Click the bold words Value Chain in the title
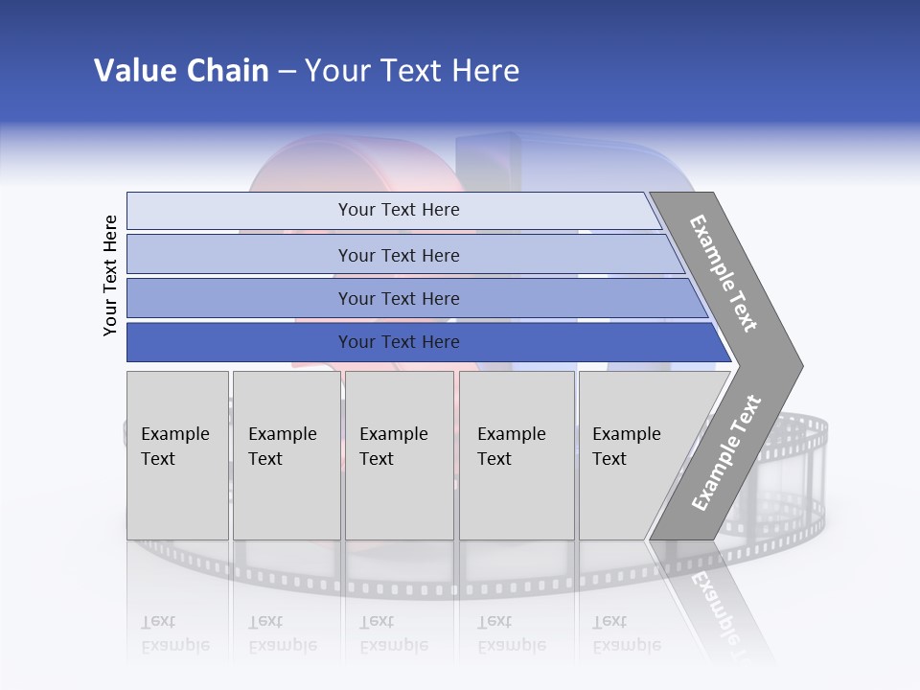(x=181, y=71)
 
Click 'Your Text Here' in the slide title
(x=412, y=71)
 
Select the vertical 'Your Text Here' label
(x=110, y=275)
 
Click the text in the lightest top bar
(x=399, y=210)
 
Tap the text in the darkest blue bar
(x=399, y=342)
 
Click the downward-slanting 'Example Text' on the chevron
(x=724, y=273)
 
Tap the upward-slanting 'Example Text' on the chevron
(x=726, y=452)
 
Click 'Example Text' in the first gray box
(x=174, y=447)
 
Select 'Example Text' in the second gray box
(x=282, y=447)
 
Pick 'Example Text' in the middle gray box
(x=393, y=447)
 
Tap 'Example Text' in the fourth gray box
(x=511, y=447)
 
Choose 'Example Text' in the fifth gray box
(x=626, y=447)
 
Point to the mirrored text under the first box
(x=174, y=633)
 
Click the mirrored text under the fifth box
(x=626, y=633)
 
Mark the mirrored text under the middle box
(x=393, y=633)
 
